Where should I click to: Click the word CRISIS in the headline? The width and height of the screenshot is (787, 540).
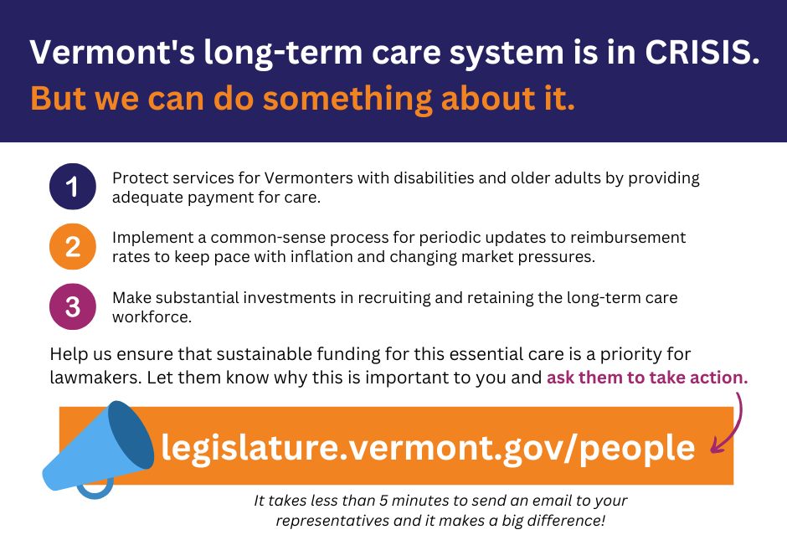702,52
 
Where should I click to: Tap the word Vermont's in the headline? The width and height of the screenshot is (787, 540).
112,52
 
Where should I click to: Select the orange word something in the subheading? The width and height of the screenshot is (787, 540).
347,98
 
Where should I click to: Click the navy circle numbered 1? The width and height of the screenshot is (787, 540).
73,186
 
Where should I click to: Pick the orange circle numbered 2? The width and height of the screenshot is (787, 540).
73,246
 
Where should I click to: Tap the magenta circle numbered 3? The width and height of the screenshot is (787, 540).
73,306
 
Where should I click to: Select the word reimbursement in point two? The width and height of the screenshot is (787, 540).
628,238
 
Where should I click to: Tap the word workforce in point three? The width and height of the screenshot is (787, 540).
152,317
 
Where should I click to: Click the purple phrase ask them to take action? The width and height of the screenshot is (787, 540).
647,378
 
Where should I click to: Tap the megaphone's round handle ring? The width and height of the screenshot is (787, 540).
95,493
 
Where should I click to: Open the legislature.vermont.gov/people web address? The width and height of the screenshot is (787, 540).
428,447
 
